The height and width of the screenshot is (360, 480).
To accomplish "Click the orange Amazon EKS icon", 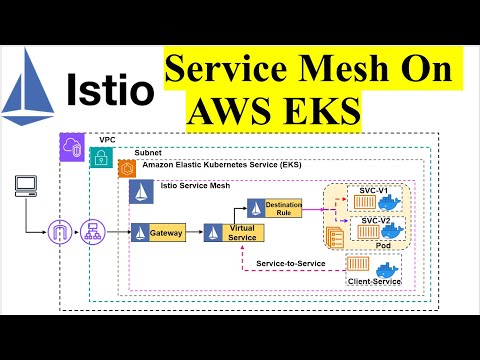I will pyautogui.click(x=126, y=168).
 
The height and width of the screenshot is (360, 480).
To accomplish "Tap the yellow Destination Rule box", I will pyautogui.click(x=276, y=208).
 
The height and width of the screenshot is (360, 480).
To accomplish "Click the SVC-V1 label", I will pyautogui.click(x=373, y=190).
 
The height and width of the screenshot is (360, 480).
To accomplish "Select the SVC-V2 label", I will pyautogui.click(x=375, y=220).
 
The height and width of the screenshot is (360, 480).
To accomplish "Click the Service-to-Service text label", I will pyautogui.click(x=289, y=262).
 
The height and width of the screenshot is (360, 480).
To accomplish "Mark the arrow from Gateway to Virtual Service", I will pyautogui.click(x=192, y=233).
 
